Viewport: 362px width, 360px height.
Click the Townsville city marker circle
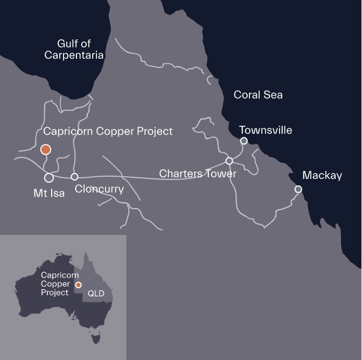pos(243,141)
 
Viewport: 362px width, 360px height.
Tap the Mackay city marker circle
pos(298,189)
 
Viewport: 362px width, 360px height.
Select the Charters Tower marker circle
pos(229,161)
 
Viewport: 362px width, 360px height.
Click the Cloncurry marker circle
pos(75,177)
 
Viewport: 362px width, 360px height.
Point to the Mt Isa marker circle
pos(48,177)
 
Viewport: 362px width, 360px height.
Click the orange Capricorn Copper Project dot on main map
pos(46,149)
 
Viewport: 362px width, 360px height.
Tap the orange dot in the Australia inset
pos(78,285)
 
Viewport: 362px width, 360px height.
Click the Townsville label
pos(266,130)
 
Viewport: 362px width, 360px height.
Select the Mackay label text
pos(322,176)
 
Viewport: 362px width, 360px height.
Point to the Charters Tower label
pos(199,174)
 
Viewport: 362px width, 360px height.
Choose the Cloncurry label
pos(100,189)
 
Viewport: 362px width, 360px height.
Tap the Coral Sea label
pos(258,95)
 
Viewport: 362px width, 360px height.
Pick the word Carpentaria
pos(80,55)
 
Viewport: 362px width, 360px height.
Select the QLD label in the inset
pos(95,294)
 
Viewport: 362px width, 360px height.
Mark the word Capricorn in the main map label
pos(64,131)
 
